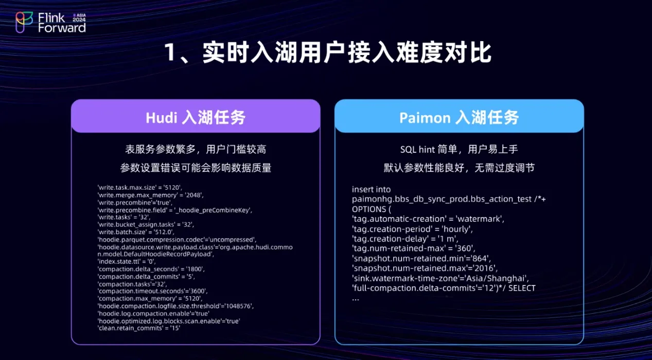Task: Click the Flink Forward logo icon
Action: [x=24, y=22]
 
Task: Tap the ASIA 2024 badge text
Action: [x=79, y=17]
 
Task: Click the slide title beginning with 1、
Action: [x=328, y=52]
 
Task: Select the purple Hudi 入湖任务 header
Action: [x=196, y=116]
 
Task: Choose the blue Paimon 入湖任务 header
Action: [x=459, y=116]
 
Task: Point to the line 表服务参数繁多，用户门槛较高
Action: [x=196, y=150]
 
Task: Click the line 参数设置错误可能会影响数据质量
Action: [x=196, y=168]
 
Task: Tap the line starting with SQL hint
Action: [x=459, y=150]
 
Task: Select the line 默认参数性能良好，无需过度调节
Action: [x=459, y=168]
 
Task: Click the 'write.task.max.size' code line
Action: [x=140, y=188]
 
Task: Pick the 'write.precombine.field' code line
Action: [x=175, y=210]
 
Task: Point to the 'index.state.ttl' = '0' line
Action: [x=127, y=261]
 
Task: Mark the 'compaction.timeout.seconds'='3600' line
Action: [x=152, y=291]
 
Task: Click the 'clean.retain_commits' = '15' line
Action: [x=139, y=328]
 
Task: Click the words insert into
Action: [x=371, y=189]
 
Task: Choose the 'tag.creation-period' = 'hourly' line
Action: [x=412, y=229]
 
